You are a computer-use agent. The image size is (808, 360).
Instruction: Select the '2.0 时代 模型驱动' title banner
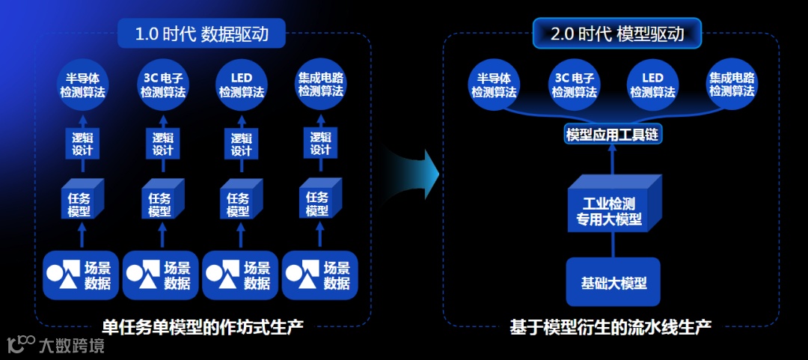point(618,34)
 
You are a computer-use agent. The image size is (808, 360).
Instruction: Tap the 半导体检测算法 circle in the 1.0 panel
point(82,85)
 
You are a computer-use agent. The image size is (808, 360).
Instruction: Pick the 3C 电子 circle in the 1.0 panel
point(163,85)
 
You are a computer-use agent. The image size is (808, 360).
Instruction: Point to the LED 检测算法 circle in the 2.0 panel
point(652,85)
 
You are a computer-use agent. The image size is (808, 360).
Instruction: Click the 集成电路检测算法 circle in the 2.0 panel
point(732,85)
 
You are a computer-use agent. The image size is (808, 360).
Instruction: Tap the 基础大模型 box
point(613,283)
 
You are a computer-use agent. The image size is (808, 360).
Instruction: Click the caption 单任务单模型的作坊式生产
point(203,326)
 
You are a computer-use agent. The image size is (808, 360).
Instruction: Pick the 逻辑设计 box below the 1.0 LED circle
point(240,144)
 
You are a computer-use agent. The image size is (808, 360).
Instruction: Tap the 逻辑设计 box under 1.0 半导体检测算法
point(82,144)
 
